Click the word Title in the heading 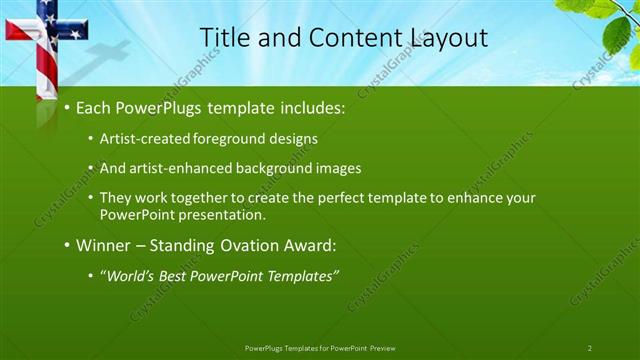click(x=224, y=38)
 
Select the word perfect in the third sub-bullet click(x=332, y=198)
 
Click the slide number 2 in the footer click(x=590, y=347)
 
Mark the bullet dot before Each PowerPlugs click(x=67, y=107)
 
